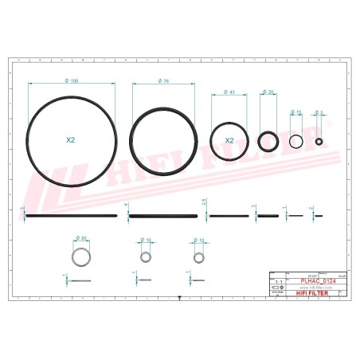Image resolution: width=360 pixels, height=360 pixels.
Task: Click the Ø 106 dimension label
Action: (x=73, y=81)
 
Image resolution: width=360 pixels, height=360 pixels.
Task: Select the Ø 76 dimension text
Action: (x=162, y=81)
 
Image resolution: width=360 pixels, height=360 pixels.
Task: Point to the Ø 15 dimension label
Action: (x=296, y=112)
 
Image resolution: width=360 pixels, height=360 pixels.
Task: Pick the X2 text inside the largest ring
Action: (x=71, y=139)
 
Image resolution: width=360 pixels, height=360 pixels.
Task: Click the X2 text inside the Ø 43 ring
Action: (x=229, y=140)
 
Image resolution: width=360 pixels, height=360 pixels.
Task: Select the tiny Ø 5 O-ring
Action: (x=319, y=141)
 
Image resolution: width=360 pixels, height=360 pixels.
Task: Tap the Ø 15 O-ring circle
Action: (x=296, y=142)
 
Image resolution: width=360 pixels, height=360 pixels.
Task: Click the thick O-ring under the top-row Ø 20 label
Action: (x=268, y=142)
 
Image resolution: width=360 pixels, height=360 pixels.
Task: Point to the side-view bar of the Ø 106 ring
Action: (x=72, y=215)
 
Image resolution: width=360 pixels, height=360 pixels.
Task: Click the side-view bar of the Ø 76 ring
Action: (x=162, y=215)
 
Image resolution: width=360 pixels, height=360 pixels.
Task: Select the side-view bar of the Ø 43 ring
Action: (x=229, y=215)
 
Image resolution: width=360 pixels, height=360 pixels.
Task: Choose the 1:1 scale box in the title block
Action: (x=277, y=282)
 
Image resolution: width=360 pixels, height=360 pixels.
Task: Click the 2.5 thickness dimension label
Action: (x=205, y=203)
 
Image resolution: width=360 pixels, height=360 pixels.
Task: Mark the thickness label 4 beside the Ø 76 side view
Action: (x=126, y=206)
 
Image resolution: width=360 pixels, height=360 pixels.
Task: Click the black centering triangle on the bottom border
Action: (x=180, y=299)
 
